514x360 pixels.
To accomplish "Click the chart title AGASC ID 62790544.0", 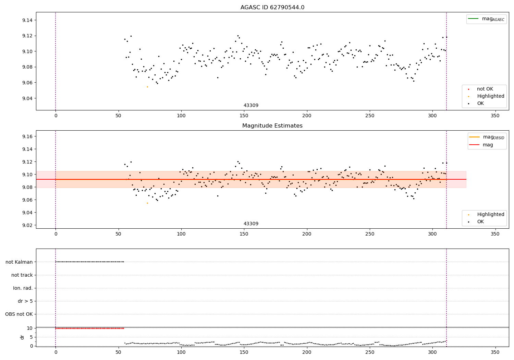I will pyautogui.click(x=272, y=8).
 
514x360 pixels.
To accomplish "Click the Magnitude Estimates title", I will pyautogui.click(x=272, y=126).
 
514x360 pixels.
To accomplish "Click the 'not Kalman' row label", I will pyautogui.click(x=19, y=262).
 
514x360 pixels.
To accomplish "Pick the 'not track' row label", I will pyautogui.click(x=22, y=275).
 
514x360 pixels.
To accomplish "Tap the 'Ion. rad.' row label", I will pyautogui.click(x=23, y=288).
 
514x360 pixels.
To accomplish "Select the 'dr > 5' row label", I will pyautogui.click(x=25, y=301).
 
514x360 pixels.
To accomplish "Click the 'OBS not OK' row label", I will pyautogui.click(x=19, y=314).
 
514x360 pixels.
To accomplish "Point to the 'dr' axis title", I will pyautogui.click(x=22, y=337).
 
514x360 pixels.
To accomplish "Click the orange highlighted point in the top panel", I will pyautogui.click(x=147, y=87).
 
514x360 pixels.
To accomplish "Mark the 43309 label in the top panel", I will pyautogui.click(x=251, y=106).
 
